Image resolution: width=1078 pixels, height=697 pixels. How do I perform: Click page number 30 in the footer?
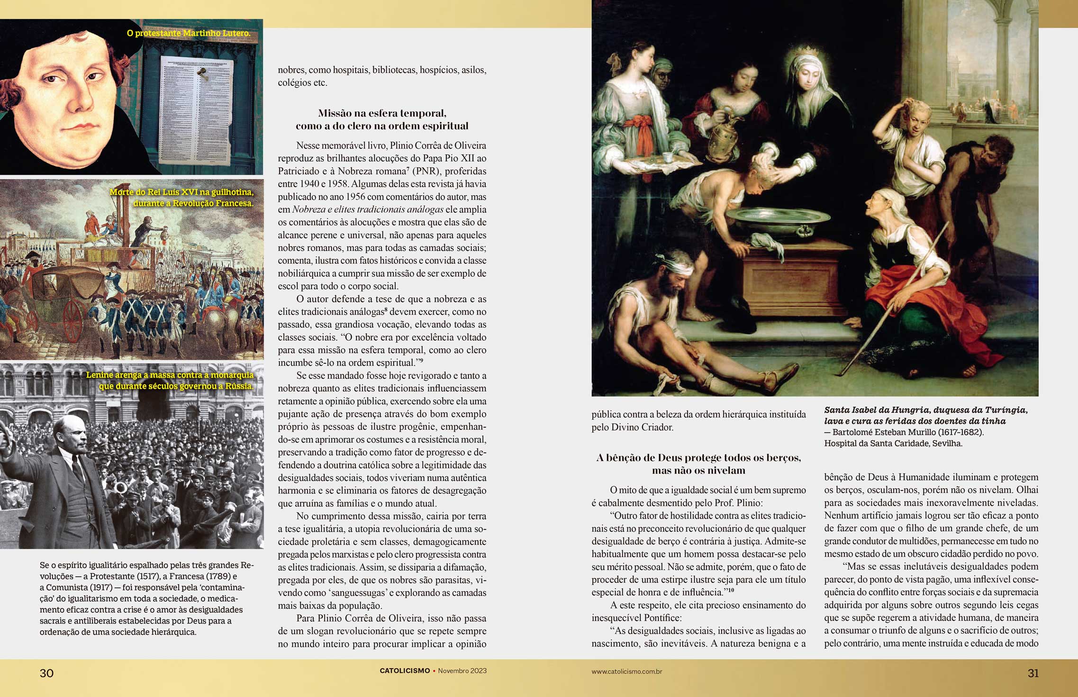pyautogui.click(x=46, y=673)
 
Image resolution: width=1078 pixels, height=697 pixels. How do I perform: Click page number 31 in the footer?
pyautogui.click(x=1033, y=673)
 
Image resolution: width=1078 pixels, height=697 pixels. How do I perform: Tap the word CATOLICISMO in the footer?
pyautogui.click(x=405, y=671)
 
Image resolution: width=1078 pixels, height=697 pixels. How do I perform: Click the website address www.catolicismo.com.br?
pyautogui.click(x=626, y=671)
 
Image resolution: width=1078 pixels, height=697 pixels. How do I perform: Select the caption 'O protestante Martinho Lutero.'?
pyautogui.click(x=188, y=34)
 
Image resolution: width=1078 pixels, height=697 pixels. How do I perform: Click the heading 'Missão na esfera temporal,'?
pyautogui.click(x=382, y=113)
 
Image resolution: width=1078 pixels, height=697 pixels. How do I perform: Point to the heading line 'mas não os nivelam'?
pyautogui.click(x=698, y=471)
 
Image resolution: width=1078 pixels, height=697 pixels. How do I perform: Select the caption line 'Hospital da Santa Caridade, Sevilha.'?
pyautogui.click(x=893, y=444)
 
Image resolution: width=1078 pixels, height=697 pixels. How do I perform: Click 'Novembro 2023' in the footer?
pyautogui.click(x=462, y=671)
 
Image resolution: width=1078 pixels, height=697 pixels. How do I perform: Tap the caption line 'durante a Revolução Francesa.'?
pyautogui.click(x=193, y=203)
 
